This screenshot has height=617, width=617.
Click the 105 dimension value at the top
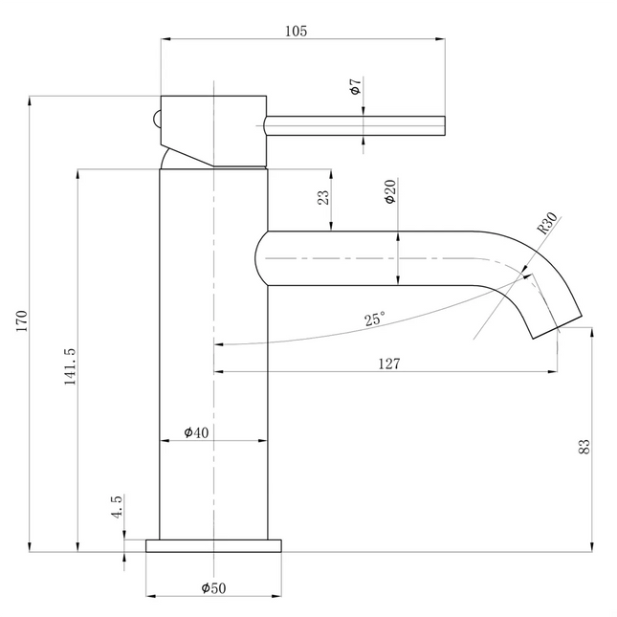(297, 31)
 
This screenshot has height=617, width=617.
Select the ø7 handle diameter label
(355, 90)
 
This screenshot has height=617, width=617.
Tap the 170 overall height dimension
(21, 322)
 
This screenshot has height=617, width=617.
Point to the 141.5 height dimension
(69, 365)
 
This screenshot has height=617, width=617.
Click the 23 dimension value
(322, 197)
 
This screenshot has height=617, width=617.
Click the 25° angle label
(376, 319)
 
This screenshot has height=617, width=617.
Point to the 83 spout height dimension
(584, 445)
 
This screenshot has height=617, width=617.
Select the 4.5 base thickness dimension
(117, 507)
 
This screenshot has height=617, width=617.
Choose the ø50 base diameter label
(212, 587)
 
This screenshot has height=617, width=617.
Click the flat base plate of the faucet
(213, 545)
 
